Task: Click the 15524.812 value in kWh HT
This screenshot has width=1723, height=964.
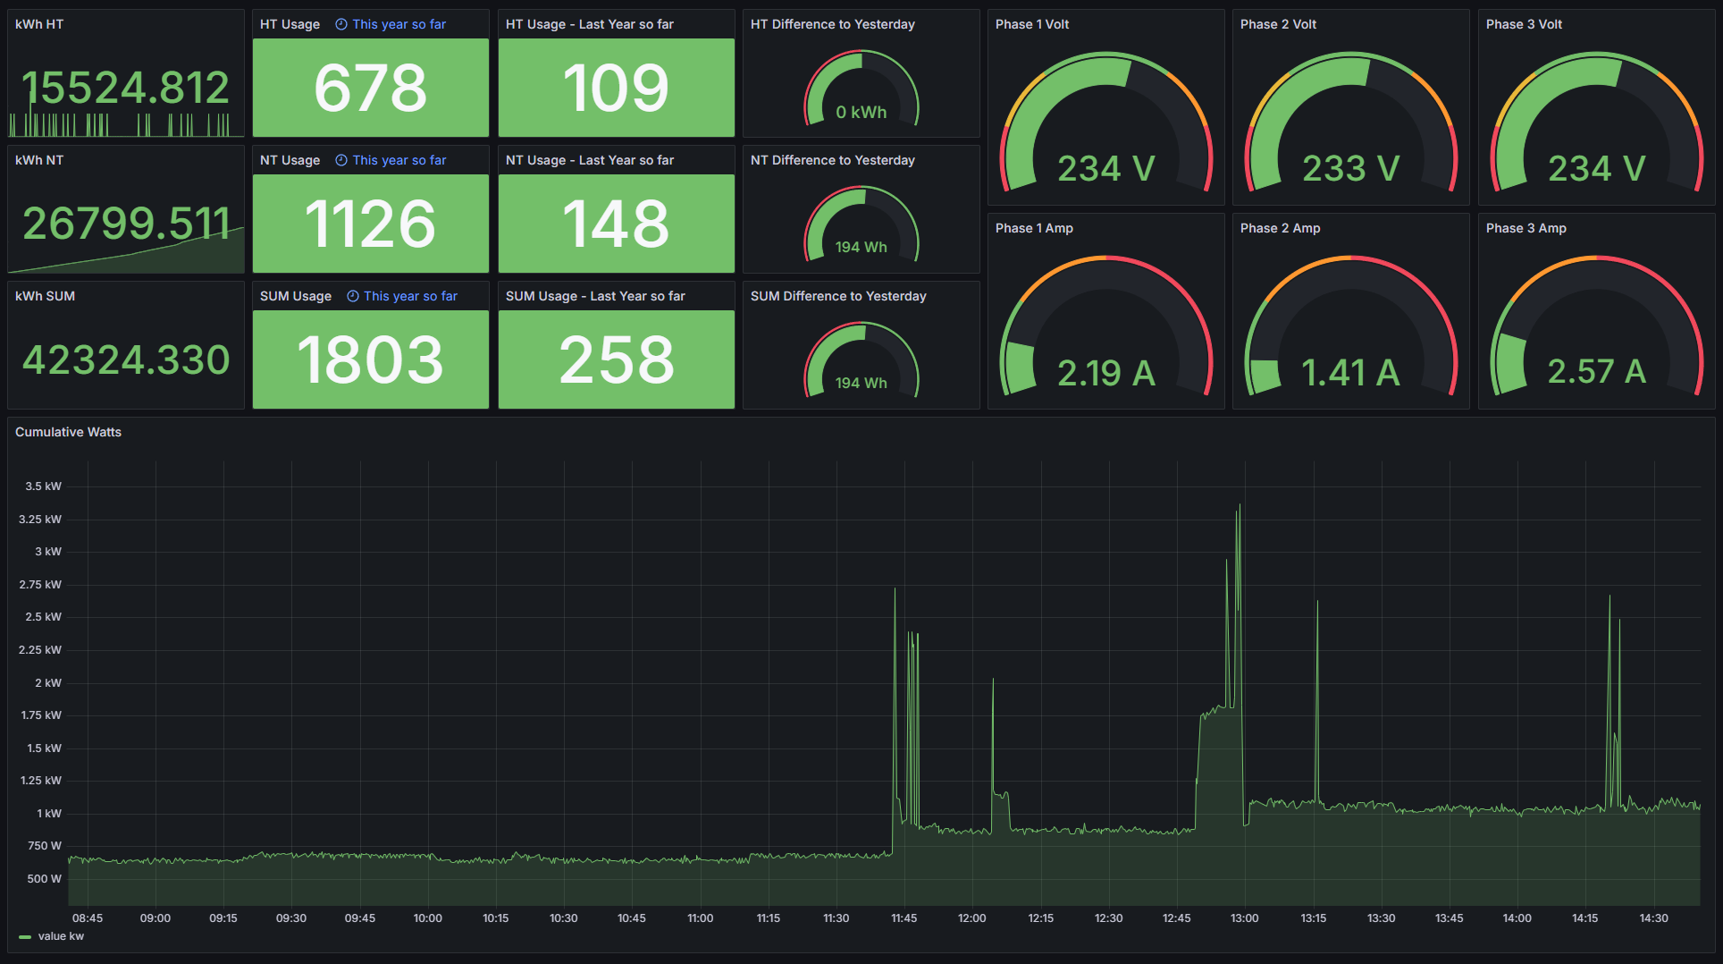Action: (125, 88)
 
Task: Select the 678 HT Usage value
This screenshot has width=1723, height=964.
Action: (370, 88)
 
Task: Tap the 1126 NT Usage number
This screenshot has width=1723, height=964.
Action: (370, 224)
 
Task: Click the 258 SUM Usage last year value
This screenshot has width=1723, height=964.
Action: (616, 359)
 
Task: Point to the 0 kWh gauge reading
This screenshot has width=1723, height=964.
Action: (861, 113)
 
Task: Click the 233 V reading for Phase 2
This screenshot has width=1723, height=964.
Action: (1350, 168)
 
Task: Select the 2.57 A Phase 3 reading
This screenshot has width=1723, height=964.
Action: (1596, 371)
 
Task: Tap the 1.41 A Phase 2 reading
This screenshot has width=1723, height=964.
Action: (1350, 372)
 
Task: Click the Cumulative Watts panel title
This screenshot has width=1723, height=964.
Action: (68, 432)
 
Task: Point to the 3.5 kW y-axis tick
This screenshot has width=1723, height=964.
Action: (43, 486)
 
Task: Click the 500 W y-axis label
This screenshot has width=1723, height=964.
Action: (44, 879)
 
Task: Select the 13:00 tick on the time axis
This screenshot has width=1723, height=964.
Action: (1244, 918)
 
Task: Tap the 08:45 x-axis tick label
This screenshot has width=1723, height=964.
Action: (88, 918)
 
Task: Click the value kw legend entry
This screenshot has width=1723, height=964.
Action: (61, 936)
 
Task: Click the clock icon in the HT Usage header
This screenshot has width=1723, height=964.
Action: (341, 24)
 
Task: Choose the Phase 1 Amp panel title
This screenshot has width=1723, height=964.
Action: (1034, 228)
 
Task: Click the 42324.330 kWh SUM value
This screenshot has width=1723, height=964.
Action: (125, 359)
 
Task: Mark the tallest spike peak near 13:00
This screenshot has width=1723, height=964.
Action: (1240, 505)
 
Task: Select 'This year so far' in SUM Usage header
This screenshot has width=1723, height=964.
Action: (410, 296)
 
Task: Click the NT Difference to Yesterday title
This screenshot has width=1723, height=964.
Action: (832, 160)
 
